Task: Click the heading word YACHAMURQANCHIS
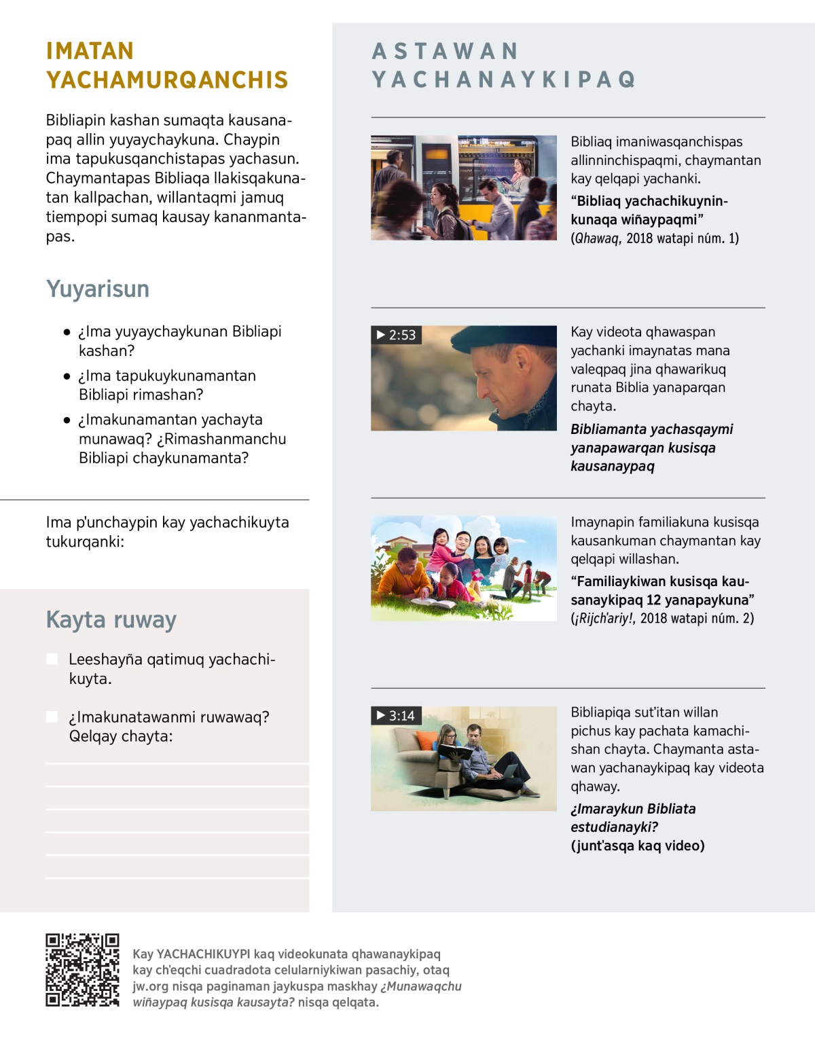click(x=167, y=80)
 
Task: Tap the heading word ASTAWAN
click(x=446, y=51)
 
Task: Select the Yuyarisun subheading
click(x=98, y=289)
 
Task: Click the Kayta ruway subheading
click(x=111, y=619)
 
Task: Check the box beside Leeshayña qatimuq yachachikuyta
click(x=52, y=659)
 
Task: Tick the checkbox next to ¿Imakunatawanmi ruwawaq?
click(x=52, y=717)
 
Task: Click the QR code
click(x=82, y=970)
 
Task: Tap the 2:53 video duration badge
click(x=396, y=335)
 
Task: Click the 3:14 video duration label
click(x=396, y=715)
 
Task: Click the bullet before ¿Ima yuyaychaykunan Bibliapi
click(x=67, y=332)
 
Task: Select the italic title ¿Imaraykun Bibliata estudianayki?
click(x=633, y=818)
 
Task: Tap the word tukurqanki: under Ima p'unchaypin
click(x=85, y=541)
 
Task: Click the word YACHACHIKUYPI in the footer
click(x=203, y=954)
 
